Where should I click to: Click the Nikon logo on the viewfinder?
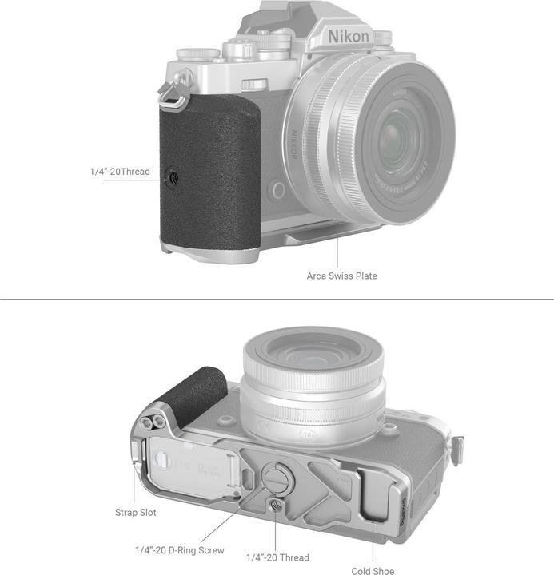point(349,37)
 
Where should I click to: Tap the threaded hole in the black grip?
point(173,172)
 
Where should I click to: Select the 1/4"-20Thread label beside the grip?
point(119,172)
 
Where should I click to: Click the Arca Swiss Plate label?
point(341,276)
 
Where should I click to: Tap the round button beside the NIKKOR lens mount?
point(278,190)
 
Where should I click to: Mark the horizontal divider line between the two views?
point(277,300)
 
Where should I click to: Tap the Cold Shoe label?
point(373,571)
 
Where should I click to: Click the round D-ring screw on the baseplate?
point(275,478)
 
